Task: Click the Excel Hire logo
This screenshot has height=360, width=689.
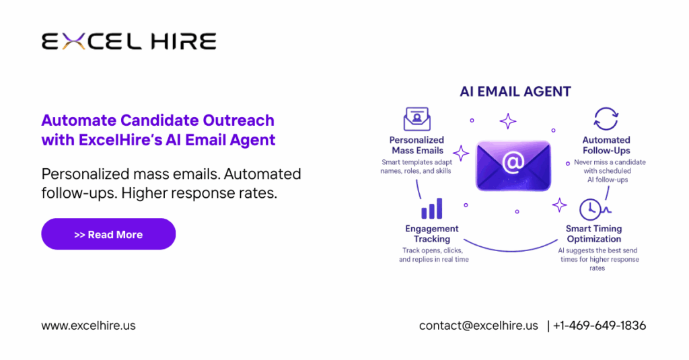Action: [129, 42]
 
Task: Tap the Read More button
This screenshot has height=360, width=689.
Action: [108, 234]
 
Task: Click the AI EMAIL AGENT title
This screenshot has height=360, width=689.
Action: [515, 92]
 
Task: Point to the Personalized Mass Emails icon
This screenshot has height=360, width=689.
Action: [416, 118]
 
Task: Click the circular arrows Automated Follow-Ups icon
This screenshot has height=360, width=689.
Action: [606, 118]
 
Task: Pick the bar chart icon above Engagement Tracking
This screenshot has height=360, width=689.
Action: [431, 209]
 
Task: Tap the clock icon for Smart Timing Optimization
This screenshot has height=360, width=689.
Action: [590, 209]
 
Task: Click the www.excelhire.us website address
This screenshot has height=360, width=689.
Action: [88, 325]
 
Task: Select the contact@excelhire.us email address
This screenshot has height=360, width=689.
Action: [478, 325]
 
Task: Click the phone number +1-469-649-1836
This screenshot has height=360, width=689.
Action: [599, 325]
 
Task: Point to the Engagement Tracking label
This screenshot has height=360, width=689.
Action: [432, 233]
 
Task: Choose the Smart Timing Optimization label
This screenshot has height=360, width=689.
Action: [594, 233]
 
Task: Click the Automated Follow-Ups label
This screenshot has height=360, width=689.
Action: [606, 145]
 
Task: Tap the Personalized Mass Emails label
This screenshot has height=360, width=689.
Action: [416, 145]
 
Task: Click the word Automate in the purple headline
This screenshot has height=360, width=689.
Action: [78, 120]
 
